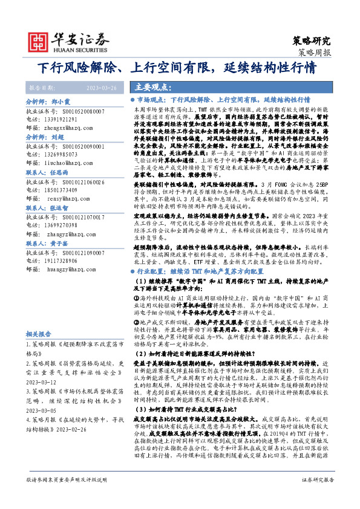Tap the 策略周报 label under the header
point(315,53)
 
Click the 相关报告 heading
point(41,333)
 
